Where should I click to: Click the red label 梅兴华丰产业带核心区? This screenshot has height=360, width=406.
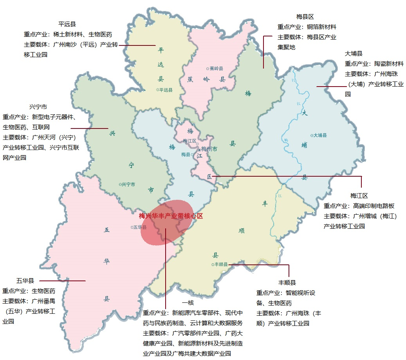[x=171, y=216]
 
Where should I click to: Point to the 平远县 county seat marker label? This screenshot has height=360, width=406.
[x=165, y=90]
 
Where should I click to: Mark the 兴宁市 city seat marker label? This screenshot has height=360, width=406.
[x=128, y=184]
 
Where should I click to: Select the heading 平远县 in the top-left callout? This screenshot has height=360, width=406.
[x=67, y=24]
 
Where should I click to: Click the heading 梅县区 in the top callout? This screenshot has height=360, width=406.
[x=305, y=17]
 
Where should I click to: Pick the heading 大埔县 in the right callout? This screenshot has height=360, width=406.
[x=354, y=53]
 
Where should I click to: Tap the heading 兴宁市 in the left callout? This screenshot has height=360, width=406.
[x=38, y=107]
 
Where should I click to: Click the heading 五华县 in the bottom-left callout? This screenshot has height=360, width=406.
[x=25, y=280]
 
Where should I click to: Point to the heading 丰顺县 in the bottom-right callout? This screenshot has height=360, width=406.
[x=287, y=282]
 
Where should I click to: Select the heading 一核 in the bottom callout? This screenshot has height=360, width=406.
[x=188, y=303]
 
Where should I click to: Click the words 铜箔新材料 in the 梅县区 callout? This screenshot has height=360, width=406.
[x=321, y=27]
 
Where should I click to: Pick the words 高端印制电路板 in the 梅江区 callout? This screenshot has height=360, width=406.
[x=373, y=206]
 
